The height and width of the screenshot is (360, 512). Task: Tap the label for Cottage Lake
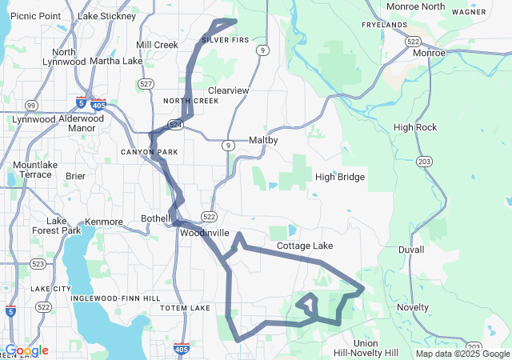305,246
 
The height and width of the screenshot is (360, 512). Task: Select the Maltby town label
263,140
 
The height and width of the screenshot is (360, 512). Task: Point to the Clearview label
228,90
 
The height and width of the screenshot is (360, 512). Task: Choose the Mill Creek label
158,45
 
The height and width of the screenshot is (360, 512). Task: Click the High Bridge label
340,177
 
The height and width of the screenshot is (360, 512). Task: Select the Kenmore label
103,222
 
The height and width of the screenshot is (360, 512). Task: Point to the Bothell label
155,218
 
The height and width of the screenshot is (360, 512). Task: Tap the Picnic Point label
36,16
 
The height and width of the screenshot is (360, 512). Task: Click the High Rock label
415,127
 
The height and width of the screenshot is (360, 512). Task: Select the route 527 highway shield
146,83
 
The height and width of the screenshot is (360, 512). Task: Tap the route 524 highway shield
174,125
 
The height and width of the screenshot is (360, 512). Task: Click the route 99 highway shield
30,106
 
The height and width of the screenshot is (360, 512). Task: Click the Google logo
27,350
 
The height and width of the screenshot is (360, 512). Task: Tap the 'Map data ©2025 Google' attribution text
462,354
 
